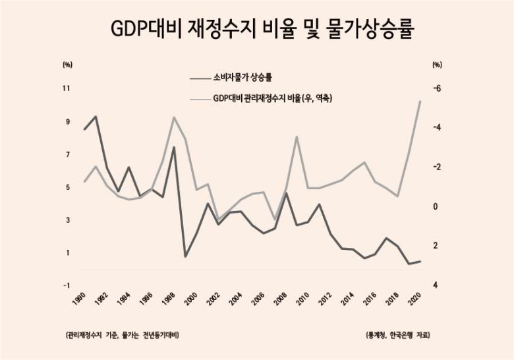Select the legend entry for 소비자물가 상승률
click(x=244, y=77)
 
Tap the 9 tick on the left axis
click(x=67, y=121)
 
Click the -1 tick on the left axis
click(x=67, y=285)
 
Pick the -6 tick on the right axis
click(x=436, y=88)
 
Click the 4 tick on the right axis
click(x=436, y=285)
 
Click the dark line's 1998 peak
click(x=174, y=147)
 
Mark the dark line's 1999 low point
click(x=185, y=256)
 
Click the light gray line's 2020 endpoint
click(x=420, y=101)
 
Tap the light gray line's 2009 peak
click(x=297, y=136)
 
